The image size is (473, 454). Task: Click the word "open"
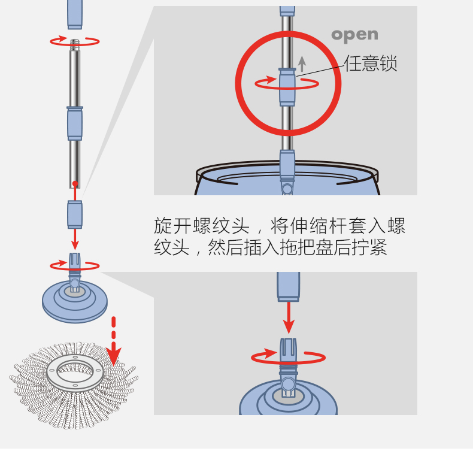pos(354,35)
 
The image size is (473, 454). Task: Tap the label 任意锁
pos(371,63)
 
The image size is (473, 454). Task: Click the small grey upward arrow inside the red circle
pos(302,63)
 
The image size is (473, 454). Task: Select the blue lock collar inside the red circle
pos(287,87)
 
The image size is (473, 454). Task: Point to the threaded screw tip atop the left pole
pos(75,45)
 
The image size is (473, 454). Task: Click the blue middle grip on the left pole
pos(75,123)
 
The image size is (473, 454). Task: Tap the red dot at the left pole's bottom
pos(75,184)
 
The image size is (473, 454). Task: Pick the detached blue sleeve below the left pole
pos(75,214)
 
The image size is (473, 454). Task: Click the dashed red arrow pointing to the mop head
pos(113,341)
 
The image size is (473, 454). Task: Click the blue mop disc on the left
pos(75,299)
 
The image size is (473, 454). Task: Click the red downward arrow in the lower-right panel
pos(289,317)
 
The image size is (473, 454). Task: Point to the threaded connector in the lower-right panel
pos(288,353)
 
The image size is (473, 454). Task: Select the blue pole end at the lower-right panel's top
pos(288,286)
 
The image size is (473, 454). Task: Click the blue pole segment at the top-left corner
pos(75,13)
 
